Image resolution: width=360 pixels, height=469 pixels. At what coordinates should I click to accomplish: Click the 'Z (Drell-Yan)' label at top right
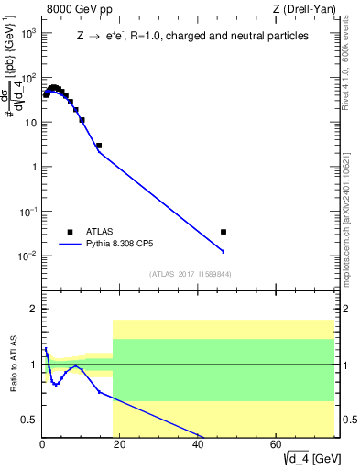point(302,10)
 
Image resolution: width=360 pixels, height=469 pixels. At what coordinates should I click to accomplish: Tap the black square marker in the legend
point(70,231)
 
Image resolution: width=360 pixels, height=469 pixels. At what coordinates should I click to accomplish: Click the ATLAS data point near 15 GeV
point(99,146)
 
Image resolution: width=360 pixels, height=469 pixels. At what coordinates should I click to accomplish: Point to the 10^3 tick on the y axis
point(42,33)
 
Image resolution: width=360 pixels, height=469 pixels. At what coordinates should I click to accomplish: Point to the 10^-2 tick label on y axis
point(27,256)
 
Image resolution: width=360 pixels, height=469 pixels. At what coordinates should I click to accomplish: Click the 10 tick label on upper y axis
point(28,122)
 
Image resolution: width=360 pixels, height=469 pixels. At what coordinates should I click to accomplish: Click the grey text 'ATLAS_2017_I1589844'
point(191,273)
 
